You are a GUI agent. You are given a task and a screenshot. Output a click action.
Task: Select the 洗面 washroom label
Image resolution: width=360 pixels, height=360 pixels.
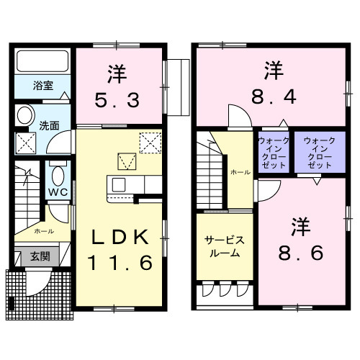tap(50, 124)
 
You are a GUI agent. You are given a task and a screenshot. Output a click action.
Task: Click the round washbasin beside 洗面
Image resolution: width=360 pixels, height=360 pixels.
tap(26, 116)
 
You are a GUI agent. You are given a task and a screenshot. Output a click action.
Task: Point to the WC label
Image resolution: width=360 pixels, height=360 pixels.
tap(58, 192)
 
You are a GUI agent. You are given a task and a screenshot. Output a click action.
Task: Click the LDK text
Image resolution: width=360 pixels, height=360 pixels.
tap(119, 237)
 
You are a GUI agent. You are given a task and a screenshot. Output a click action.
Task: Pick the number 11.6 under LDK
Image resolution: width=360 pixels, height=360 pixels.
tap(119, 263)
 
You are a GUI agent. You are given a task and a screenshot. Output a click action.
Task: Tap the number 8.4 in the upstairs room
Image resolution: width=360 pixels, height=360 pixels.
tap(272, 95)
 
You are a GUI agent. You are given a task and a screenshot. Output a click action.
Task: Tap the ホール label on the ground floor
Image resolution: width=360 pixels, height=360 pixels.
tap(43, 232)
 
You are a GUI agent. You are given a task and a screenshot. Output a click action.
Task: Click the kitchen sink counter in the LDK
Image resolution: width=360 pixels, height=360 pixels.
tap(126, 186)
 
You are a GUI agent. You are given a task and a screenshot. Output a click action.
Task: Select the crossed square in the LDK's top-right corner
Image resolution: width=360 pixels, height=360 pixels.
tap(150, 141)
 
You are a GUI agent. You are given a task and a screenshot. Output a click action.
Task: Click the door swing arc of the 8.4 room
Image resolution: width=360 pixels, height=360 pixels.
tap(236, 115)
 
